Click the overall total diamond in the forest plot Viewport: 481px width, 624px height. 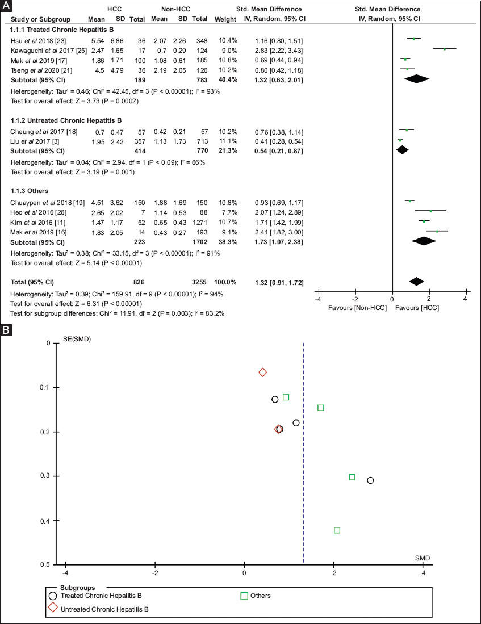tap(416, 281)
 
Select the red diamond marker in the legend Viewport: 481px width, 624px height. tap(53, 608)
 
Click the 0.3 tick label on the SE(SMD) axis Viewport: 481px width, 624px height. tap(46, 476)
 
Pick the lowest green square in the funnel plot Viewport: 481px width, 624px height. tap(337, 530)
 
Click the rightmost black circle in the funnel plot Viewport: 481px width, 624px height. tap(371, 480)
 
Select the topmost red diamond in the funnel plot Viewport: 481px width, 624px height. tap(262, 372)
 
